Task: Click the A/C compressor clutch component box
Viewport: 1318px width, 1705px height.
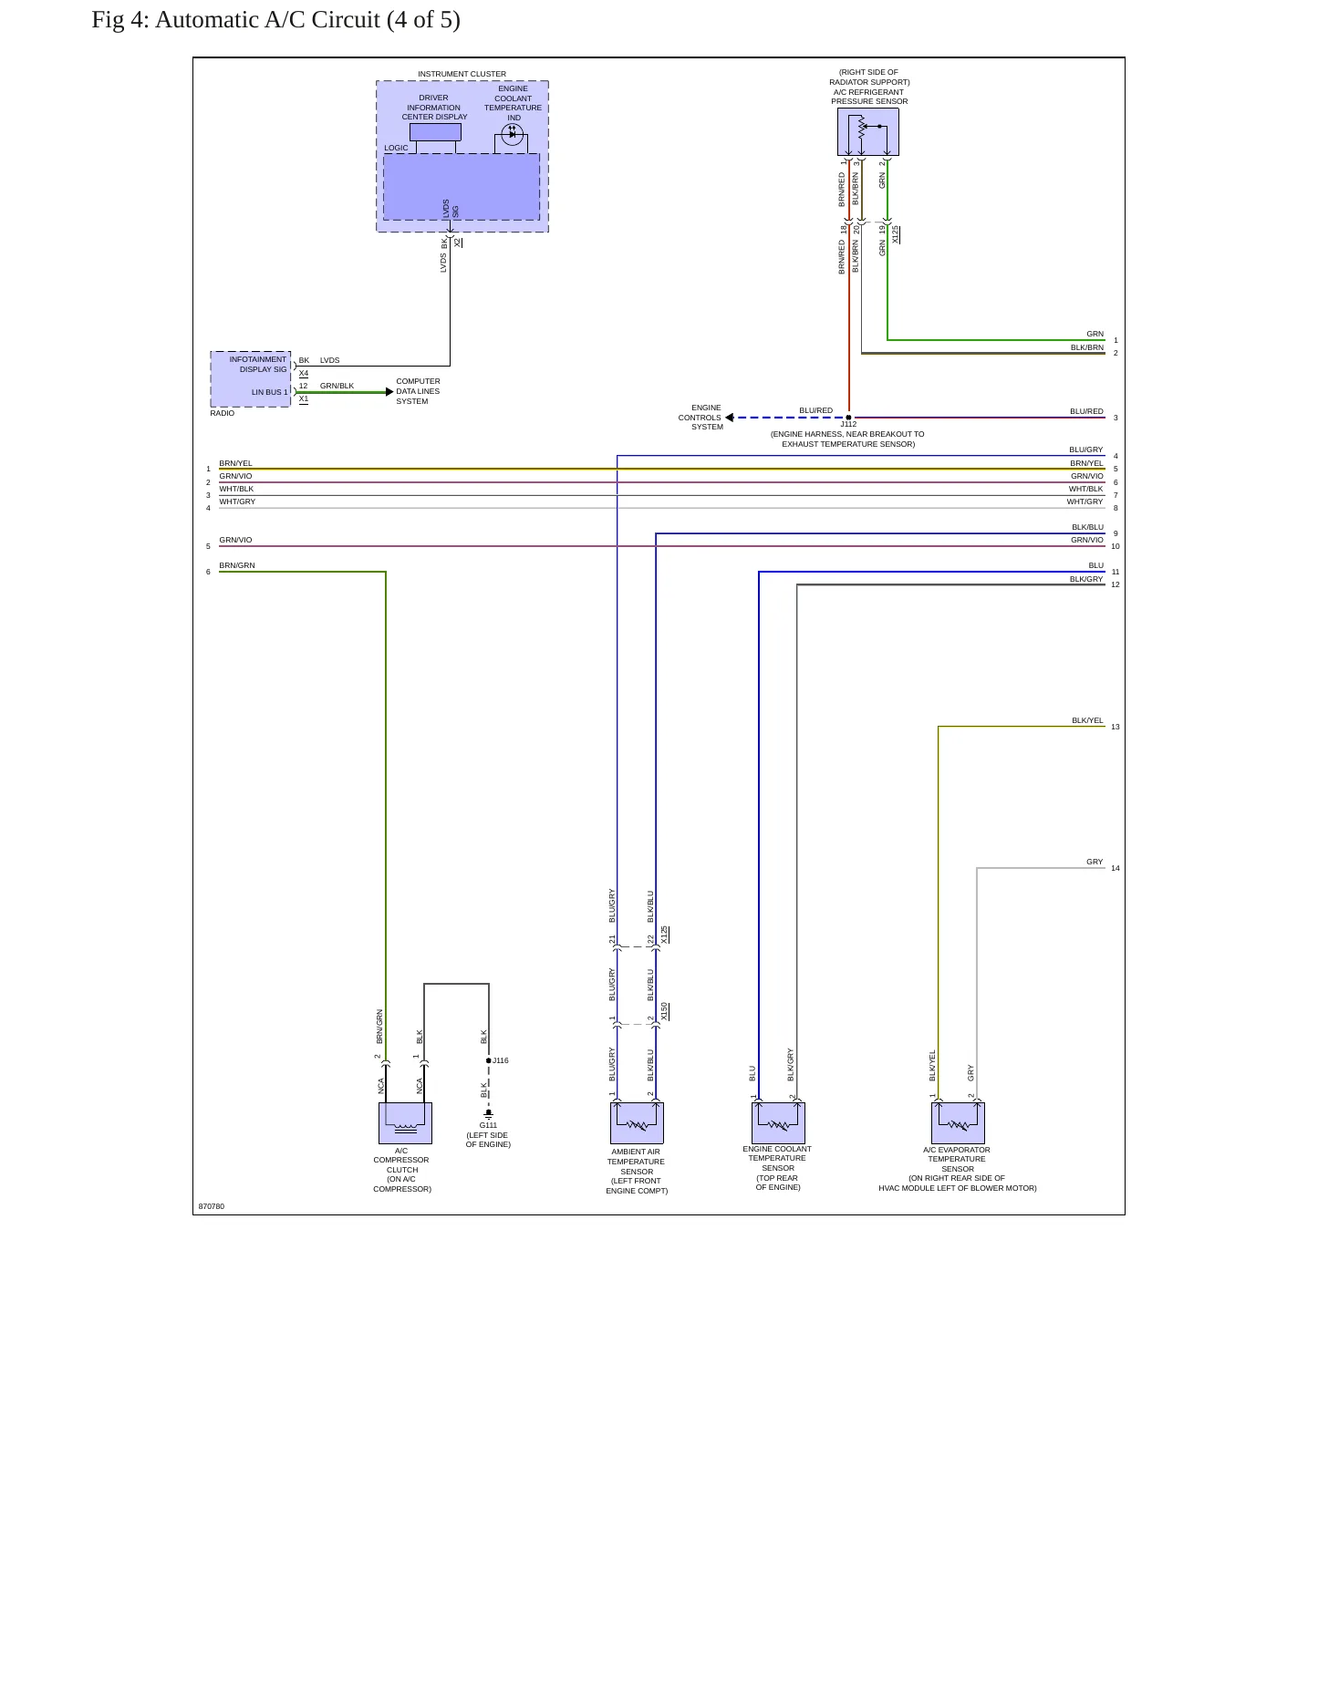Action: (405, 1123)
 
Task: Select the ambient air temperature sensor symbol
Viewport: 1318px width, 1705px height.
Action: (637, 1123)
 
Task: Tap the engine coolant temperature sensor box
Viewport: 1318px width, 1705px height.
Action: (778, 1123)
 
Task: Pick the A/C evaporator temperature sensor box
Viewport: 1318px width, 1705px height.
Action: (958, 1123)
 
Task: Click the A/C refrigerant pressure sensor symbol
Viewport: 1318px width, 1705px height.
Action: (868, 132)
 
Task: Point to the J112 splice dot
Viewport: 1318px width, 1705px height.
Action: (848, 418)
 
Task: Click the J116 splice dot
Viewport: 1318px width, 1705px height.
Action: (489, 1060)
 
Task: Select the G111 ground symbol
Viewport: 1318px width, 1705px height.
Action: (489, 1114)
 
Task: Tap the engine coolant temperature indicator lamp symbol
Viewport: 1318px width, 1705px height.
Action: (512, 134)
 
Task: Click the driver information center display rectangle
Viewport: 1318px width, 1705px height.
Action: (435, 132)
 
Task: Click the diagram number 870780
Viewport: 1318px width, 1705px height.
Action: (212, 1206)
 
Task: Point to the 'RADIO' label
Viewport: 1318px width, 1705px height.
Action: (223, 413)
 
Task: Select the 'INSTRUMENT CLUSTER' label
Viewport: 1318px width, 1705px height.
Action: (462, 74)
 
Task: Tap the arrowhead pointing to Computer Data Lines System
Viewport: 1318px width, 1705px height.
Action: (389, 392)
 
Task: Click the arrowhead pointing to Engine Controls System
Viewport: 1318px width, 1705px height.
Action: (730, 418)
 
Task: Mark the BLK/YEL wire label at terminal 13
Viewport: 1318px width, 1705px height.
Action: (1087, 720)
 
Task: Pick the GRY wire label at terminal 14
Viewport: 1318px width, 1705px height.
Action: (1095, 862)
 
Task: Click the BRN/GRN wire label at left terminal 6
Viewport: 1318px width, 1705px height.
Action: (237, 565)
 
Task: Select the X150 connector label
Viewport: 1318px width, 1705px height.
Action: (665, 1011)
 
